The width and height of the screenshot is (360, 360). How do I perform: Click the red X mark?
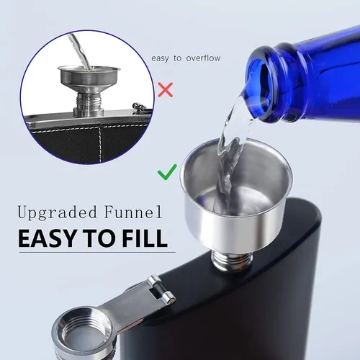coord(166,90)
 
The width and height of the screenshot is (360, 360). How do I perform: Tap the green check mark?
coord(167,172)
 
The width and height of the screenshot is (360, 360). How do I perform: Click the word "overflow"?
coord(203,58)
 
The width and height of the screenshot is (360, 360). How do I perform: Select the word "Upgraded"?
coord(58,212)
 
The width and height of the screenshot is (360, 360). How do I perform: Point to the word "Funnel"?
coord(133,212)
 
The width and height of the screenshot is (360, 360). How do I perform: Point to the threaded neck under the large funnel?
coord(232,260)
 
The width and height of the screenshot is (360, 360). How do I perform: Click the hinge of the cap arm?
coord(161,289)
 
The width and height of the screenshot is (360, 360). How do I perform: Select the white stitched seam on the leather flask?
coord(101,144)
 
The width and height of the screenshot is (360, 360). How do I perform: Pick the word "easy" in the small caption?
coord(160,58)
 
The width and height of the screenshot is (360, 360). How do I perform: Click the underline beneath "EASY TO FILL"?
coord(97,253)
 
